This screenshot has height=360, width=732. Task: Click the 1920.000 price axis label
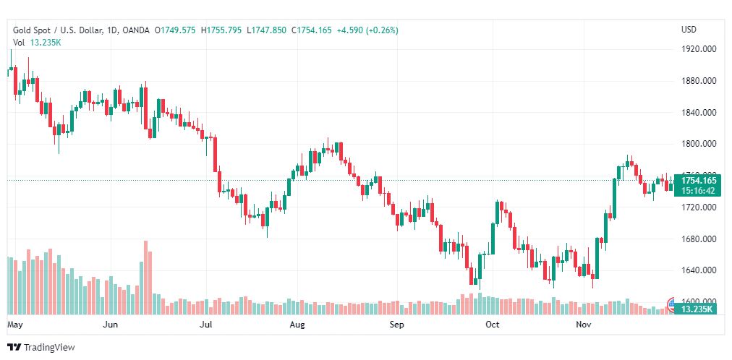click(x=699, y=49)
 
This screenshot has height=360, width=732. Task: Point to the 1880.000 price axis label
click(x=699, y=81)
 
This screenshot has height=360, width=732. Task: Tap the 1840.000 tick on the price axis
click(x=699, y=113)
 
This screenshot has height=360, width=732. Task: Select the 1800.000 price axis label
click(x=699, y=144)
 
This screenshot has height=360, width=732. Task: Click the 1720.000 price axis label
click(x=699, y=207)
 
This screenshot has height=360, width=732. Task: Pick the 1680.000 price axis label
click(x=699, y=239)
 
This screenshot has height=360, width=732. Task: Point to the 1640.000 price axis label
click(x=699, y=270)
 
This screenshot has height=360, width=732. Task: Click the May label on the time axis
click(x=15, y=325)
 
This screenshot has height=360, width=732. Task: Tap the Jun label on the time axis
click(x=111, y=325)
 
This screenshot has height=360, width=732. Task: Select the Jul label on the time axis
click(x=205, y=325)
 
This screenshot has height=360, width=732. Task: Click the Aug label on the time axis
click(x=297, y=325)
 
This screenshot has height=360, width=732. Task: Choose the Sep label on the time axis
click(x=396, y=325)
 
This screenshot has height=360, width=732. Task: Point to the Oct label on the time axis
click(x=493, y=325)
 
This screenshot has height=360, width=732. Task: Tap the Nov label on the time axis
click(x=584, y=325)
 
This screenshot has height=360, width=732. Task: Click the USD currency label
click(x=689, y=30)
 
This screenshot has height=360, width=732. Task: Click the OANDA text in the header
click(x=136, y=30)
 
